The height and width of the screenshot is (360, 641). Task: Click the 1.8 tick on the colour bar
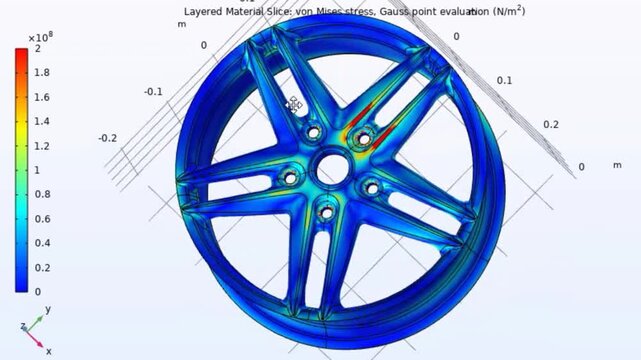pos(37,73)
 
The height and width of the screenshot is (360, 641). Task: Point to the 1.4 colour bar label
pos(37,121)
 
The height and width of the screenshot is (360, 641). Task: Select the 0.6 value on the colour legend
pos(37,218)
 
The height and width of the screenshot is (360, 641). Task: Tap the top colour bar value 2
pos(37,48)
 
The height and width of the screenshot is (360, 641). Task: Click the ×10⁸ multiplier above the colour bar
pos(44,36)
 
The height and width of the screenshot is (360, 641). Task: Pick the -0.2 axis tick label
pos(108,138)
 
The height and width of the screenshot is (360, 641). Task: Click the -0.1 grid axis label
pos(153,92)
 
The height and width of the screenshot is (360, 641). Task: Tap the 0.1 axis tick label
pos(505,80)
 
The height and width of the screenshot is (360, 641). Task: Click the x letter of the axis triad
pos(47,351)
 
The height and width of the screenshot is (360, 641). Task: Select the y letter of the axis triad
pos(47,311)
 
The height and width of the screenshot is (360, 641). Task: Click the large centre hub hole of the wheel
pos(331,170)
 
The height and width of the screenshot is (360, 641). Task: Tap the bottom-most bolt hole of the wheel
pos(326,210)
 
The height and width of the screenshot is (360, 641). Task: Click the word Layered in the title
pos(208,11)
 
